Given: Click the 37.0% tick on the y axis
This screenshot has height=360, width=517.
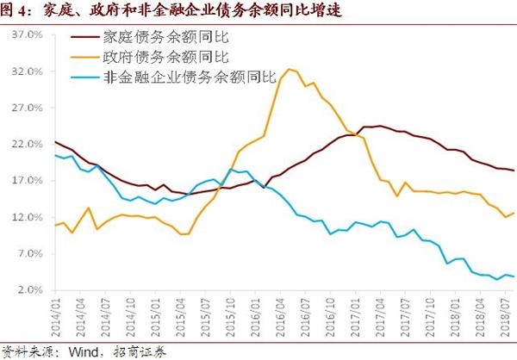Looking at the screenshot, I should (28, 36).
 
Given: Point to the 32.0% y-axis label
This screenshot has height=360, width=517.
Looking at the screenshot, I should (28, 72).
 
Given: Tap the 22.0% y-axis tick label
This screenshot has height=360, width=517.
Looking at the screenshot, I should (28, 145).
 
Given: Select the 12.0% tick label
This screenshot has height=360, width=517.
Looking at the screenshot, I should (28, 218).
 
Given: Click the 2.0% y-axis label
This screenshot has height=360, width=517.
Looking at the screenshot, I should (29, 291).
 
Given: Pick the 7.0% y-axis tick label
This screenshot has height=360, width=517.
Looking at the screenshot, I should (29, 254).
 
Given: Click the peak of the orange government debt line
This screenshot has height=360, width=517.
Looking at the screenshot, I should (289, 69).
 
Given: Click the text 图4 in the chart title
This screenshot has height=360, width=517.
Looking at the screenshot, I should (17, 10).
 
